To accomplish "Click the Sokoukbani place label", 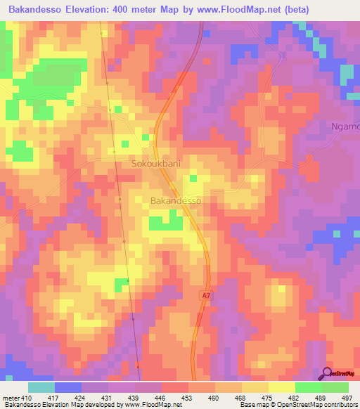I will [x=156, y=164].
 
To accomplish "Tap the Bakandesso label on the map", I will [x=176, y=200].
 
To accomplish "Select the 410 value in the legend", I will [x=27, y=398].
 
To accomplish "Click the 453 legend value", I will [x=187, y=398].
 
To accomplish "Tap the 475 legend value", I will [x=268, y=398].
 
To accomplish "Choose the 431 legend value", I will [x=107, y=398].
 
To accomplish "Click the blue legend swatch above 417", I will [x=68, y=387].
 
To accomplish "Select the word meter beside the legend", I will [x=10, y=398].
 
